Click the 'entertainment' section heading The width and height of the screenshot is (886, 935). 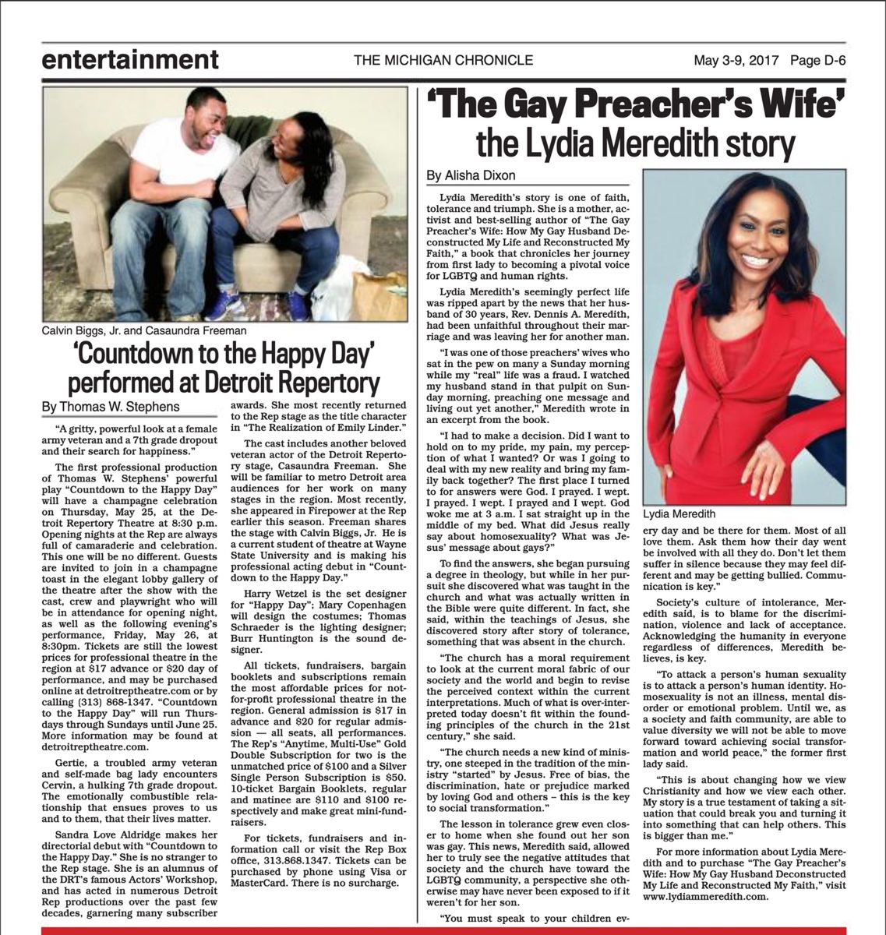pyautogui.click(x=130, y=59)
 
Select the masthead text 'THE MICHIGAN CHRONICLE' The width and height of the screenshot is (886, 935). pyautogui.click(x=443, y=60)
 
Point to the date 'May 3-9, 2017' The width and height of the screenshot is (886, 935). pyautogui.click(x=736, y=60)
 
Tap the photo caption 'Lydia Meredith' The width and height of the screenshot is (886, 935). pyautogui.click(x=679, y=514)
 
